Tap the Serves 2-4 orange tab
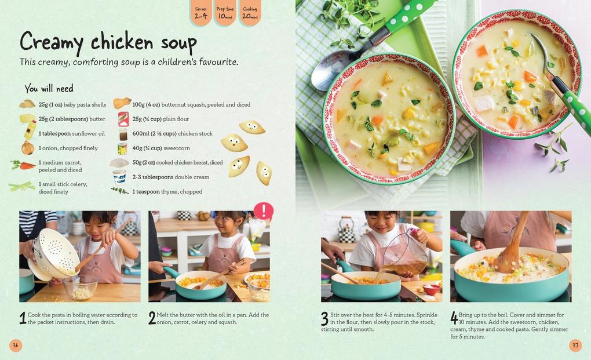200,13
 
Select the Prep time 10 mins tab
225,13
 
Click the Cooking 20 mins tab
250,13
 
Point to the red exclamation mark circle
263,211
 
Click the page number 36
16,346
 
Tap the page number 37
575,346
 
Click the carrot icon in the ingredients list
24,165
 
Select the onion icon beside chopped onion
27,148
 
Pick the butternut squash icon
122,103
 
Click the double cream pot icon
120,177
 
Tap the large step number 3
324,318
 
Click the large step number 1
23,318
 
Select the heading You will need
49,88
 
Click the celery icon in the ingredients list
22,186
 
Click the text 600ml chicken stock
172,133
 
